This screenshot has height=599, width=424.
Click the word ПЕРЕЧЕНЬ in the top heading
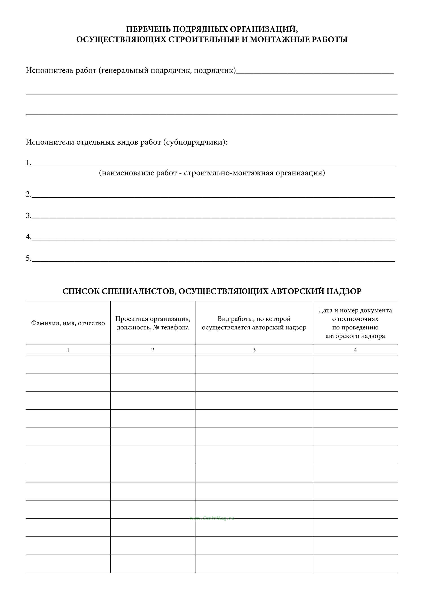[x=148, y=29]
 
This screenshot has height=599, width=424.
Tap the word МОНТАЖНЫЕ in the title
[x=278, y=39]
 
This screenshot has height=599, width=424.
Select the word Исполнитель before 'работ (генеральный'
[x=49, y=70]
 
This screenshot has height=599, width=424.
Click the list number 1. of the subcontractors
[x=28, y=163]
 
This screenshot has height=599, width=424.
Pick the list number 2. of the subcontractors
[x=28, y=194]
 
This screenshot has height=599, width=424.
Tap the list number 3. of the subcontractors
[x=28, y=216]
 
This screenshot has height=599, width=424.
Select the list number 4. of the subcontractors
[x=28, y=237]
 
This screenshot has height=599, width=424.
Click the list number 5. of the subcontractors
[x=28, y=259]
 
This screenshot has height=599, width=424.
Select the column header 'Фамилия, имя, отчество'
[x=68, y=323]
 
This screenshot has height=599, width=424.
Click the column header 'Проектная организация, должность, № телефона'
[x=153, y=323]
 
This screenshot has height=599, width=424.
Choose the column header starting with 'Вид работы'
[x=254, y=323]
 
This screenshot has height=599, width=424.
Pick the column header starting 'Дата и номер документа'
[x=355, y=323]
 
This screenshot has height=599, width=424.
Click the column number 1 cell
[x=68, y=350]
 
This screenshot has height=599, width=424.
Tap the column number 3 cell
[x=254, y=350]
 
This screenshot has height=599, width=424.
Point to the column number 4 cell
[x=355, y=350]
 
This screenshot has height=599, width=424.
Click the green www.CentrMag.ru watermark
[x=212, y=518]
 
